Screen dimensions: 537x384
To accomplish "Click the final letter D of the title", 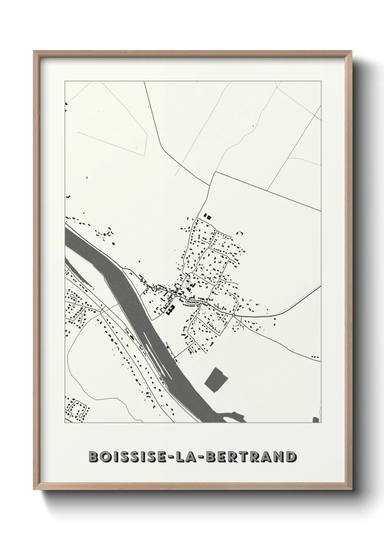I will [290, 456].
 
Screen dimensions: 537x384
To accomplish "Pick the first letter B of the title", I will [94, 456].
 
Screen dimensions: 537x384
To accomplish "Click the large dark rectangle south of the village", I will [217, 379].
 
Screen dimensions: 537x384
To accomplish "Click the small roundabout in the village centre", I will [176, 296].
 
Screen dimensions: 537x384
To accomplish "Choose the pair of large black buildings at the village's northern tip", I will [207, 216].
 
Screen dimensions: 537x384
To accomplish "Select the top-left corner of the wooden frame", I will [34, 52].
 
